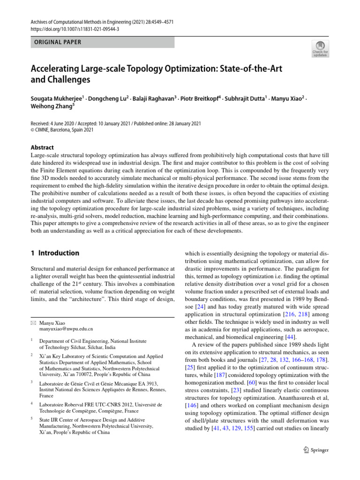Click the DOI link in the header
(75, 29)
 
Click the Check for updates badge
(320, 48)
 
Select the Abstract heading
(42, 147)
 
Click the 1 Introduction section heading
(55, 253)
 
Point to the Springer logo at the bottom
(316, 450)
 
